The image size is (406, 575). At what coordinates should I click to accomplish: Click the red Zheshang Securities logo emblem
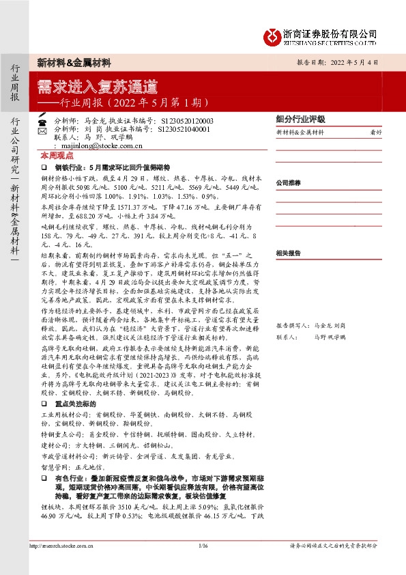[x=273, y=35]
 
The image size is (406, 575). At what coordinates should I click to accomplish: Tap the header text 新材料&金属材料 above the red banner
[x=74, y=62]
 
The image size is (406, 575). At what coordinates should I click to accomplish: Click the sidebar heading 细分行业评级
[x=300, y=118]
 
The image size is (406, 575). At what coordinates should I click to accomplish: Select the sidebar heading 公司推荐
[x=289, y=183]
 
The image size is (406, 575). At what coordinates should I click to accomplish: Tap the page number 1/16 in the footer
[x=203, y=546]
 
